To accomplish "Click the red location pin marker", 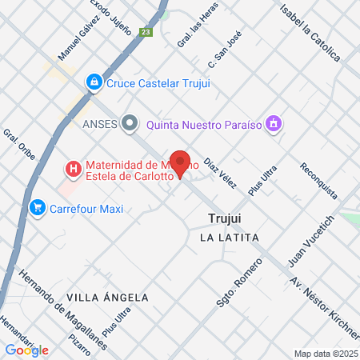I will (x=180, y=164).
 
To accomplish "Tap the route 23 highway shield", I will (x=145, y=32).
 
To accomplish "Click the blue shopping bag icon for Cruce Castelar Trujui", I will (x=94, y=82).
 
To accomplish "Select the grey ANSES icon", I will (x=130, y=123).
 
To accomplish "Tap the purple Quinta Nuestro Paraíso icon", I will (x=274, y=123).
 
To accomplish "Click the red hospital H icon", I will (x=73, y=169).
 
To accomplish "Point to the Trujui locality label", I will (x=224, y=218).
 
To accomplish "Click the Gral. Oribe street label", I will (x=18, y=145).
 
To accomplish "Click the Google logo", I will (x=26, y=350).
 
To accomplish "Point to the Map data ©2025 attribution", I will (x=326, y=353).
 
